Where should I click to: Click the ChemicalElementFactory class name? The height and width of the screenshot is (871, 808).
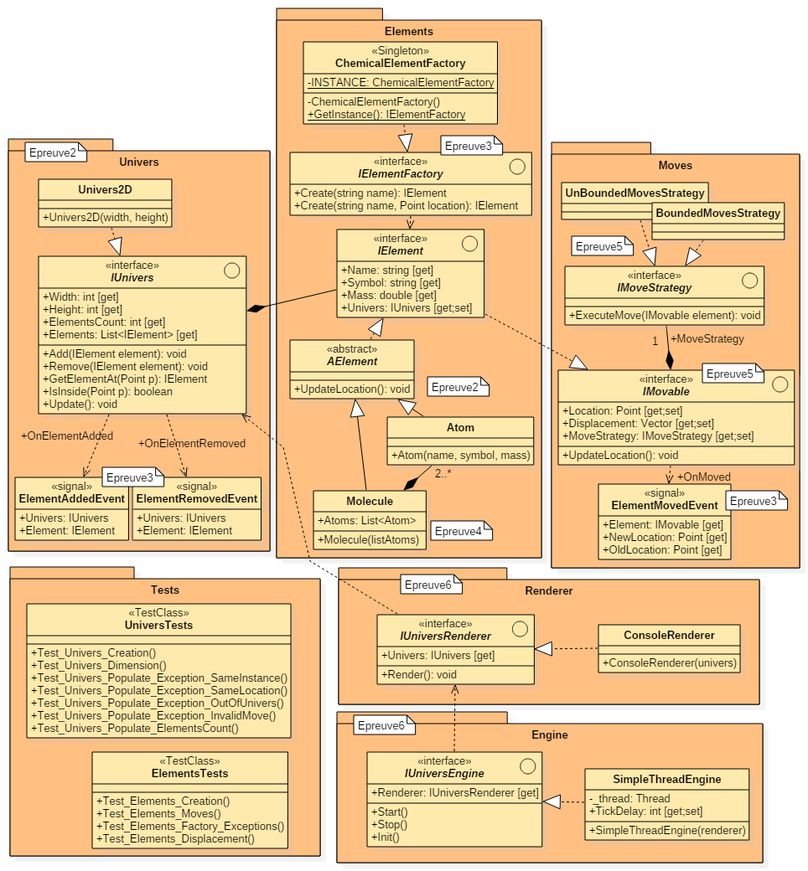[x=400, y=63]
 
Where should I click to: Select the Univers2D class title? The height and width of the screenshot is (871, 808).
[x=105, y=189]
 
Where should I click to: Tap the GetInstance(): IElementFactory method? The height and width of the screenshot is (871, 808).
[x=386, y=114]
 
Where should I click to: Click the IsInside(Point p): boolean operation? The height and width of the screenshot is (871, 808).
[x=107, y=391]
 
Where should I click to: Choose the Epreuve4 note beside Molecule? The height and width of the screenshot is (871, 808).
[x=458, y=531]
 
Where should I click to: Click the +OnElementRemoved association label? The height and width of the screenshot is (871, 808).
[x=192, y=443]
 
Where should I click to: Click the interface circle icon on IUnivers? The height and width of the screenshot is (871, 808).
[x=232, y=271]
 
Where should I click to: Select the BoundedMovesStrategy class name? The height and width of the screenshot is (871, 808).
[x=718, y=213]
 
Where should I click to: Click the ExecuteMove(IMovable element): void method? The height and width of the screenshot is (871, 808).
[x=664, y=315]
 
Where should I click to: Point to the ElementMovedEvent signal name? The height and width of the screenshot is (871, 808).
[x=665, y=505]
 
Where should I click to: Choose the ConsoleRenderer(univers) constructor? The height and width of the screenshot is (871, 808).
[x=669, y=662]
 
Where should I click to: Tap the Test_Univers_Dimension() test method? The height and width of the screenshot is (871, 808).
[x=99, y=665]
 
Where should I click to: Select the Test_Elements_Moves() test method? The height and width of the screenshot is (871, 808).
[x=158, y=813]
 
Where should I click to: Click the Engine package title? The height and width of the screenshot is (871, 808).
[x=549, y=734]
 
